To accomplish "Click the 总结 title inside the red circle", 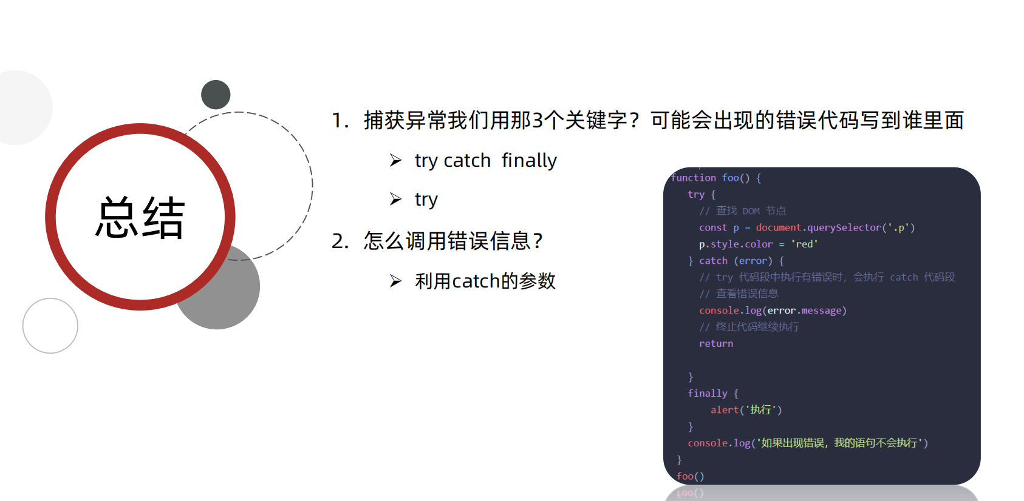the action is point(140,218).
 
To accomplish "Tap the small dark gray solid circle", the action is point(216,95).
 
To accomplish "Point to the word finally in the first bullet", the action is point(529,161).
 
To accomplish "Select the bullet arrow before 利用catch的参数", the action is point(396,281).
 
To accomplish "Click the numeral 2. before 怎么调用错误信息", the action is point(340,241).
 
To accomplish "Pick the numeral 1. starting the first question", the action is point(340,121).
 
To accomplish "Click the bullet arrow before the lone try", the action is point(396,199).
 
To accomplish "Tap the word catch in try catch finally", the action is point(467,161).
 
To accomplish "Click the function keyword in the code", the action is point(694,178).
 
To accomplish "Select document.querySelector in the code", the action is point(818,227).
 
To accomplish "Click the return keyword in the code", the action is point(716,343).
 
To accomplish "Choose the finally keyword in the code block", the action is point(708,393).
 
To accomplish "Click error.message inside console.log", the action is point(805,311).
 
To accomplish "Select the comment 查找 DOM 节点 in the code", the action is point(751,210).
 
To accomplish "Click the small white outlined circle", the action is point(50,326).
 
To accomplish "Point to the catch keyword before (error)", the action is point(713,261).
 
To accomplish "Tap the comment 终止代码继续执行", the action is point(757,327).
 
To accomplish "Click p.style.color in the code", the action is point(736,244).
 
